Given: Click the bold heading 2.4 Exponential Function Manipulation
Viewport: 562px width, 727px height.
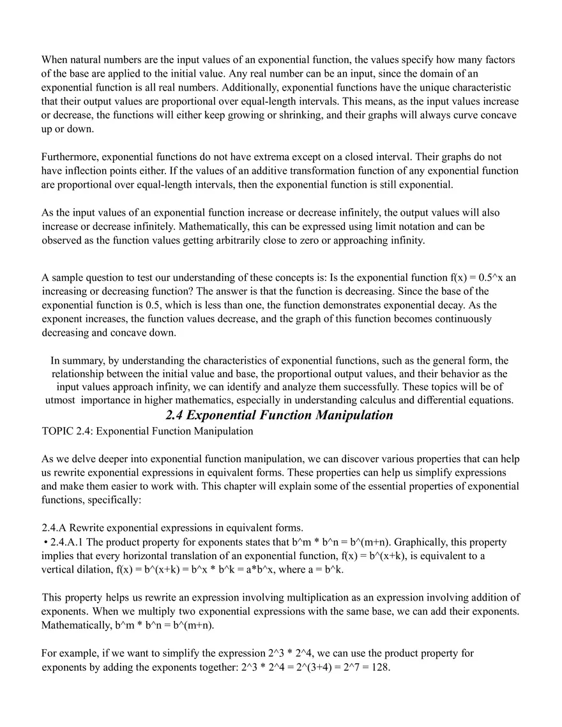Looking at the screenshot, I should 279,416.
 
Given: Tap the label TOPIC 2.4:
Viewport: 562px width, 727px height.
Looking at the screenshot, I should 67,431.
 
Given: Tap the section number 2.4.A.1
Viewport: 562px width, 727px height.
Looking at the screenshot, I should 69,543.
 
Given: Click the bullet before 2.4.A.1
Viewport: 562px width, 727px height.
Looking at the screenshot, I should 45,543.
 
